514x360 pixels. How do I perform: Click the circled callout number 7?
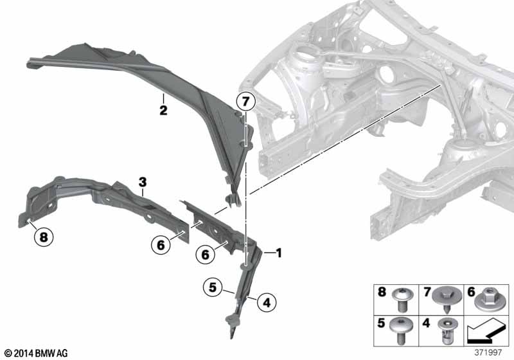(x=245, y=102)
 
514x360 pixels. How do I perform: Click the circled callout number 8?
(x=44, y=237)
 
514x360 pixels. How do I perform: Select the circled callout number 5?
(x=213, y=287)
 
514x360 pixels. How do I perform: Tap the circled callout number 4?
(x=267, y=302)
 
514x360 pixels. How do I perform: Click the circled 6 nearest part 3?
(x=161, y=244)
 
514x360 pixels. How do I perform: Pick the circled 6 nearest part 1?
(x=205, y=254)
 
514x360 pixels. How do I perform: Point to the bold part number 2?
(x=163, y=110)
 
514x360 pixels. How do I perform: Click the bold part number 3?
(x=143, y=182)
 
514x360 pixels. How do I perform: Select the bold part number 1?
(x=279, y=253)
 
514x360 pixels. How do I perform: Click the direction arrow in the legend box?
(x=485, y=330)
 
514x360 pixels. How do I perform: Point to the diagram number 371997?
(x=488, y=352)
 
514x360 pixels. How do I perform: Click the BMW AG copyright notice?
(x=37, y=353)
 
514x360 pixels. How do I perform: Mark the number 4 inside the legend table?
(x=426, y=323)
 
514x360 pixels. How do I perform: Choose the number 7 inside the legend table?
(x=427, y=291)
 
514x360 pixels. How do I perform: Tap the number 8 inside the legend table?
(x=382, y=291)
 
